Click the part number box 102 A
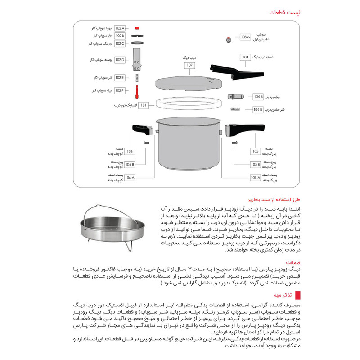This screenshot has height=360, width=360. [x=120, y=28]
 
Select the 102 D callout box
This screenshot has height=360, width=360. [x=120, y=59]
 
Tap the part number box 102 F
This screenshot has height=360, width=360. [x=120, y=90]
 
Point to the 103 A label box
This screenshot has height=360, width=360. [x=245, y=37]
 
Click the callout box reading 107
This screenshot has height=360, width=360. [x=190, y=65]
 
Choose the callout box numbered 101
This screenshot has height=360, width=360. [x=144, y=105]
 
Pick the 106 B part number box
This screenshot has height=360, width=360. [x=129, y=164]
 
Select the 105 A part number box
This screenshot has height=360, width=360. [x=256, y=178]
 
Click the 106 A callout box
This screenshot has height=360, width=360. [x=129, y=178]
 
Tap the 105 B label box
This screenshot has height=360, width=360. [x=256, y=164]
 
